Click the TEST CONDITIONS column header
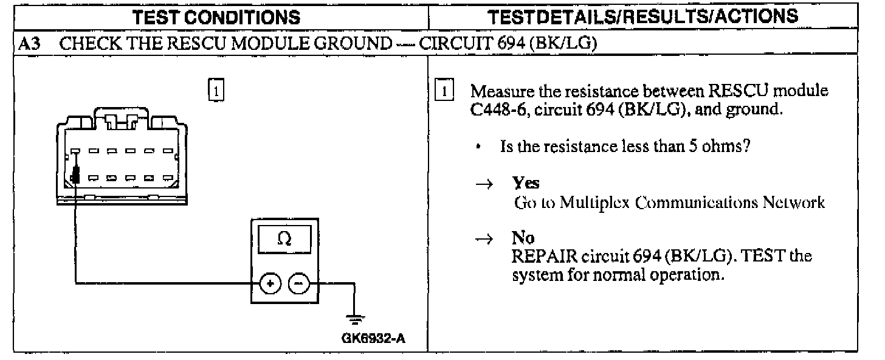click(x=218, y=17)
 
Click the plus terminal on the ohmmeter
click(x=270, y=283)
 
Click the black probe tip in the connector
click(x=75, y=177)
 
